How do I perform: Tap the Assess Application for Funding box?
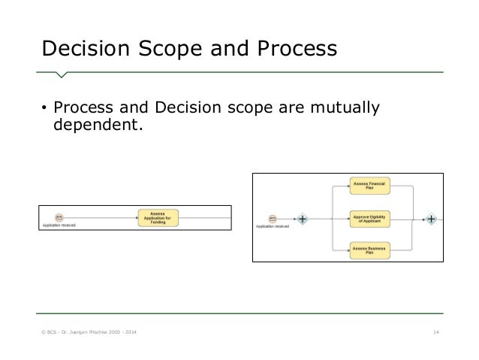[158, 218]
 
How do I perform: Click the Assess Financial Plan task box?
[371, 187]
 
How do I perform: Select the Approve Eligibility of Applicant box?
[371, 219]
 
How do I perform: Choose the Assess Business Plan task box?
[371, 250]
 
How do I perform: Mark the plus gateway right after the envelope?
[302, 219]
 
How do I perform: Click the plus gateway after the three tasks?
[432, 219]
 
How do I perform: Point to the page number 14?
[435, 332]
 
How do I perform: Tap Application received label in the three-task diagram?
[273, 227]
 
